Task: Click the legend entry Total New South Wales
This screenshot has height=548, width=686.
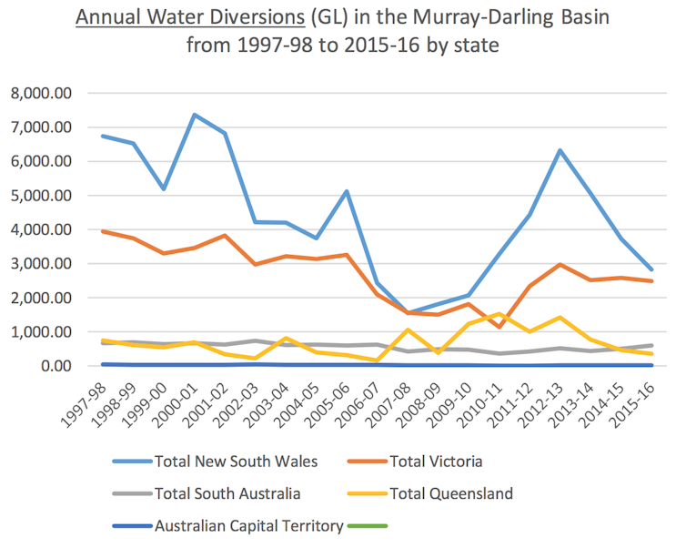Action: [236, 462]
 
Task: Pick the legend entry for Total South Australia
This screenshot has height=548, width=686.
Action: [228, 493]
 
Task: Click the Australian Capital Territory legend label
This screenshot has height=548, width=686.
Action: [248, 525]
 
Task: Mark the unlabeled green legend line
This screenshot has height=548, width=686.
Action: [367, 525]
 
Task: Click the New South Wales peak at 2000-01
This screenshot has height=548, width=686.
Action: [195, 115]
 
